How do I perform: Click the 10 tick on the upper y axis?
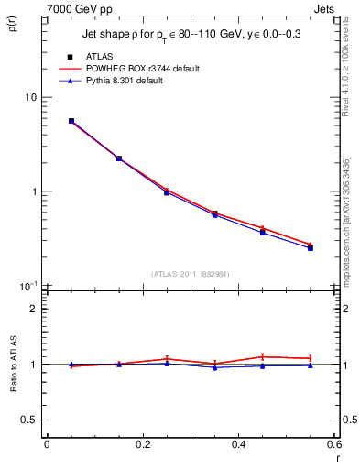(29, 97)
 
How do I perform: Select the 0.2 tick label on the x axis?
(142, 444)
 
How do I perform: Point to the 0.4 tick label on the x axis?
(238, 444)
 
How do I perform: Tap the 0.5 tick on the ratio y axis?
(28, 420)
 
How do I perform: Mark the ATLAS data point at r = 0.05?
(71, 121)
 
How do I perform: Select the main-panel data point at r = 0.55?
(311, 247)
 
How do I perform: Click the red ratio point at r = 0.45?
(263, 356)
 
